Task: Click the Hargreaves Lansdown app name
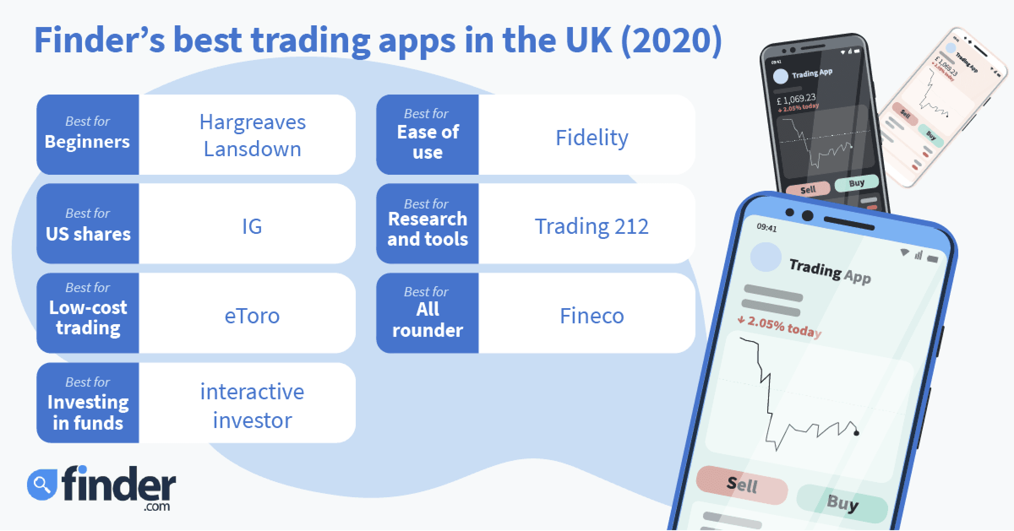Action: tap(252, 135)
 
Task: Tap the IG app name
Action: tap(252, 226)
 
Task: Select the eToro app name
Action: tap(252, 316)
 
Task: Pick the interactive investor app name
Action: tap(252, 406)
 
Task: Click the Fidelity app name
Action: tap(591, 138)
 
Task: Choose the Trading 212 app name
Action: tap(591, 226)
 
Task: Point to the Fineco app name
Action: tap(591, 316)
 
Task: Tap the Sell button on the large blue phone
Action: tap(742, 485)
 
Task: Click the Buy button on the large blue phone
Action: tap(842, 503)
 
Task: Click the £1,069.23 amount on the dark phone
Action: tap(796, 100)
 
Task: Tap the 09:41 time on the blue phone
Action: tap(767, 228)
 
